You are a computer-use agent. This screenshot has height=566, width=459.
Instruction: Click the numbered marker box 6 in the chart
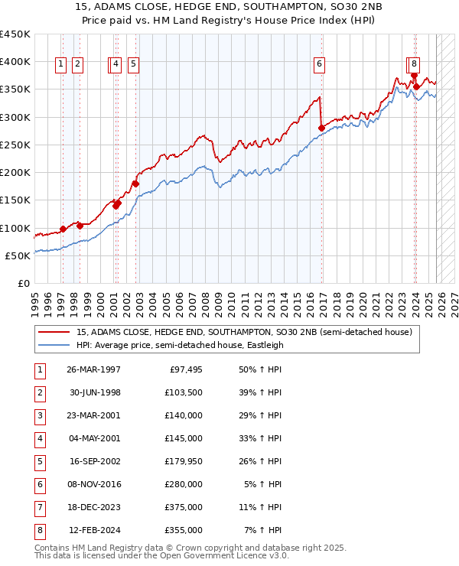pyautogui.click(x=318, y=65)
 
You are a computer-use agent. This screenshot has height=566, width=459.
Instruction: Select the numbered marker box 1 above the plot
pyautogui.click(x=60, y=65)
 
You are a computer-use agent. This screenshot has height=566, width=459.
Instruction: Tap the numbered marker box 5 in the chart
pyautogui.click(x=133, y=65)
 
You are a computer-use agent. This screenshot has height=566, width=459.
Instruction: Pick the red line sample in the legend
pyautogui.click(x=54, y=333)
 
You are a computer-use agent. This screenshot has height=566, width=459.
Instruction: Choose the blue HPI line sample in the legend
pyautogui.click(x=54, y=345)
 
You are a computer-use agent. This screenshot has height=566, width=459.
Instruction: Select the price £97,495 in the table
pyautogui.click(x=186, y=369)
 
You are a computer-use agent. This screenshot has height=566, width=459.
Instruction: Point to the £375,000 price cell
pyautogui.click(x=186, y=507)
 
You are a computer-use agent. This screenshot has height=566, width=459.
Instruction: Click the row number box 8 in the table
pyautogui.click(x=39, y=530)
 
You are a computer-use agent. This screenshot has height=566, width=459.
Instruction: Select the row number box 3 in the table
pyautogui.click(x=39, y=415)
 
